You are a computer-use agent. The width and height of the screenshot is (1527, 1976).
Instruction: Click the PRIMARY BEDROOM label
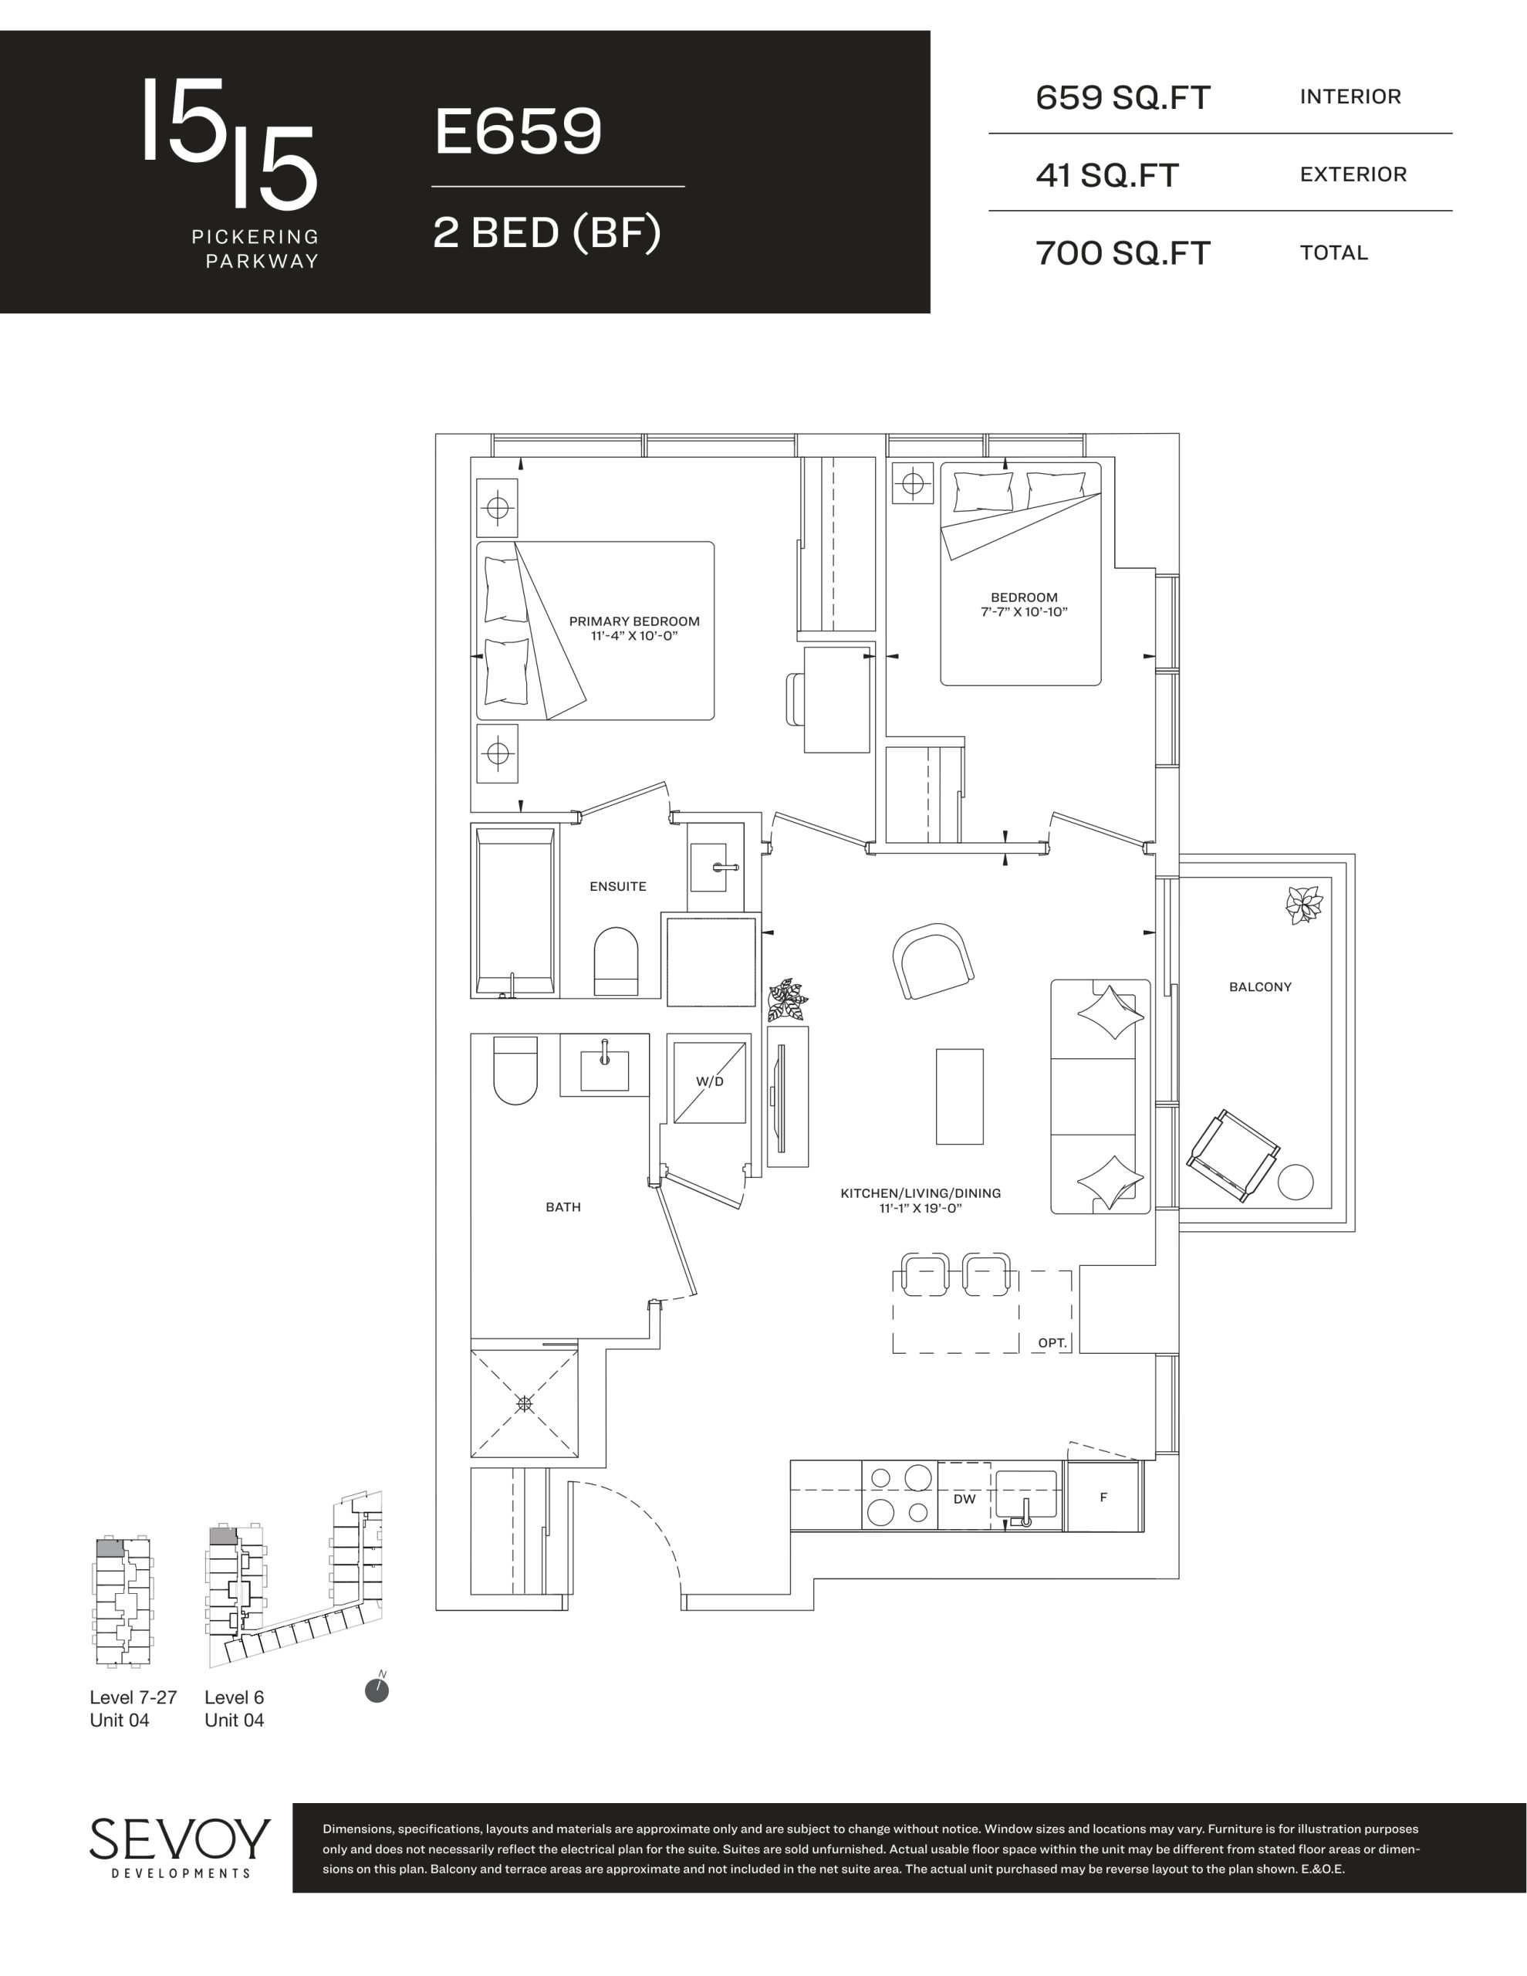634,621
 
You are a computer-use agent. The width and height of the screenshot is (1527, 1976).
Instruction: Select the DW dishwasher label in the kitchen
965,1499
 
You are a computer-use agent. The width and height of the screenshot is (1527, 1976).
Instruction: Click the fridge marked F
1103,1497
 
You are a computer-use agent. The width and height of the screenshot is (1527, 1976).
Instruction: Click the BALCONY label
1260,987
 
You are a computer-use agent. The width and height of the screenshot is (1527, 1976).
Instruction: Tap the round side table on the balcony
1296,1182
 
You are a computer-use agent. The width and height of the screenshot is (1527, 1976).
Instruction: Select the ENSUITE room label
618,887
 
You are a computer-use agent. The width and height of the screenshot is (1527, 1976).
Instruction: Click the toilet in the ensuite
616,961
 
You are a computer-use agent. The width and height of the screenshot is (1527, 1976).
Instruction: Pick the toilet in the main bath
515,1071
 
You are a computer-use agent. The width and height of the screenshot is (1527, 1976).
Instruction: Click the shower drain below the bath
524,1403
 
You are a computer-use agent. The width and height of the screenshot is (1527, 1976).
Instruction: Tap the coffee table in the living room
959,1097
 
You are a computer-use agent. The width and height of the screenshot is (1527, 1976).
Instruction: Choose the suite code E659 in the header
518,131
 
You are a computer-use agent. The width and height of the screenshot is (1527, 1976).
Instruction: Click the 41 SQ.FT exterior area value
1107,175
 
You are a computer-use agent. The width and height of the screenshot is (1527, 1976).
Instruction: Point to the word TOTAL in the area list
1334,253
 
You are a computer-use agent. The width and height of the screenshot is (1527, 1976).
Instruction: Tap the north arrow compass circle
377,1690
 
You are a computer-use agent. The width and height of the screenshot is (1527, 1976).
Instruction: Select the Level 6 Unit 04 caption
235,1709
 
